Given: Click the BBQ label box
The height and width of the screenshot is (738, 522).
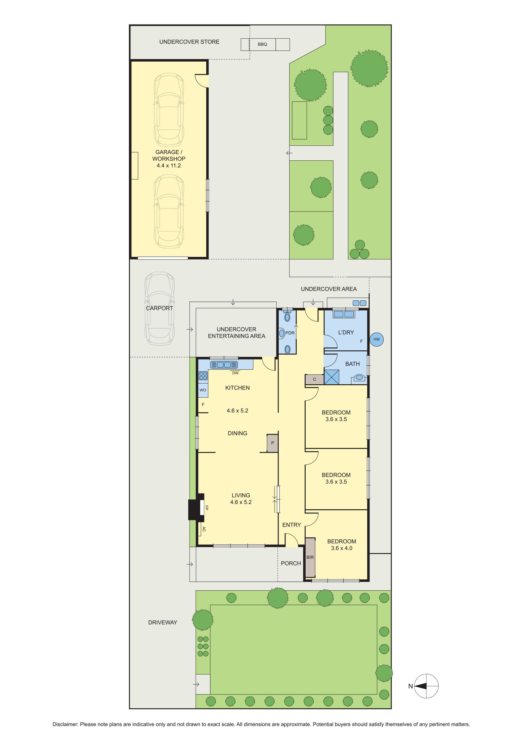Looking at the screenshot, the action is (263, 44).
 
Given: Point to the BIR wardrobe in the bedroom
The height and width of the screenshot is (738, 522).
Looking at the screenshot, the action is (310, 557).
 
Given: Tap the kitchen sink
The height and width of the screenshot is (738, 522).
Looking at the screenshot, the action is (224, 365).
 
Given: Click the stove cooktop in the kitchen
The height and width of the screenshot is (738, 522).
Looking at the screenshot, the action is (203, 376).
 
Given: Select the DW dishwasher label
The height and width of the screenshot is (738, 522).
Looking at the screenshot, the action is (235, 373).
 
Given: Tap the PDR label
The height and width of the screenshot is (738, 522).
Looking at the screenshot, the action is (290, 333).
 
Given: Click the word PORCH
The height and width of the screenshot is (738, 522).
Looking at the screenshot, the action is (291, 563).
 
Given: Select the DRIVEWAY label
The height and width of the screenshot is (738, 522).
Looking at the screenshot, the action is (163, 622).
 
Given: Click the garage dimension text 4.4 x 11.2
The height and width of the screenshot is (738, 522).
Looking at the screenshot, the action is (169, 166).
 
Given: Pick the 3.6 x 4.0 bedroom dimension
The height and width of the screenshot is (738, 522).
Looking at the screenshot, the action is (342, 548).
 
